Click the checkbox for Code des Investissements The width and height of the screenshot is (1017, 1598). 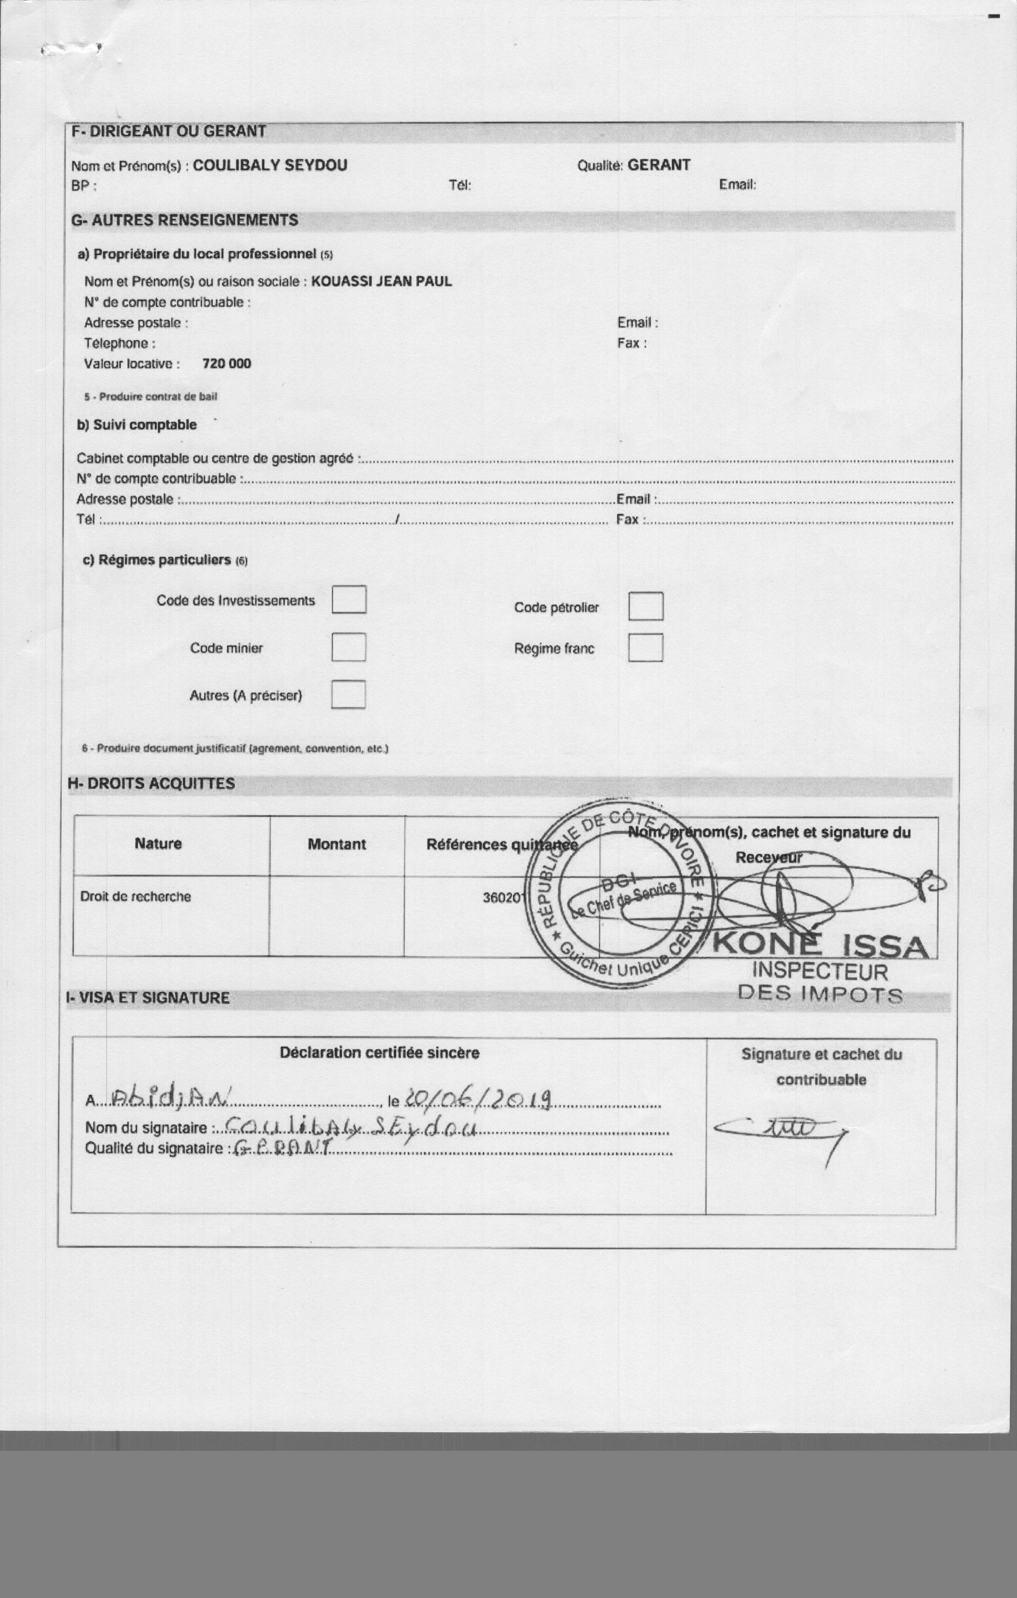pyautogui.click(x=349, y=599)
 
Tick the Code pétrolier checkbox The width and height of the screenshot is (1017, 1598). pyautogui.click(x=645, y=606)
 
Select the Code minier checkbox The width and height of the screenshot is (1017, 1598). pyautogui.click(x=349, y=647)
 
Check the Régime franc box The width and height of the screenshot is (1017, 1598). pyautogui.click(x=645, y=648)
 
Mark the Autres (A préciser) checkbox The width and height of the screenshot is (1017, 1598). pyautogui.click(x=349, y=695)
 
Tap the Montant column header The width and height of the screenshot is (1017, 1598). pyautogui.click(x=337, y=844)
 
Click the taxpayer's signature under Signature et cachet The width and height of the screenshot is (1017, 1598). pyautogui.click(x=780, y=1130)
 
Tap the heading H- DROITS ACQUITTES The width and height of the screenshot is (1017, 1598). pyautogui.click(x=151, y=784)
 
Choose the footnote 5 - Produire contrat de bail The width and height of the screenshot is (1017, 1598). pyautogui.click(x=150, y=397)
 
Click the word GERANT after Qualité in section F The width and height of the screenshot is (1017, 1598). pyautogui.click(x=659, y=165)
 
